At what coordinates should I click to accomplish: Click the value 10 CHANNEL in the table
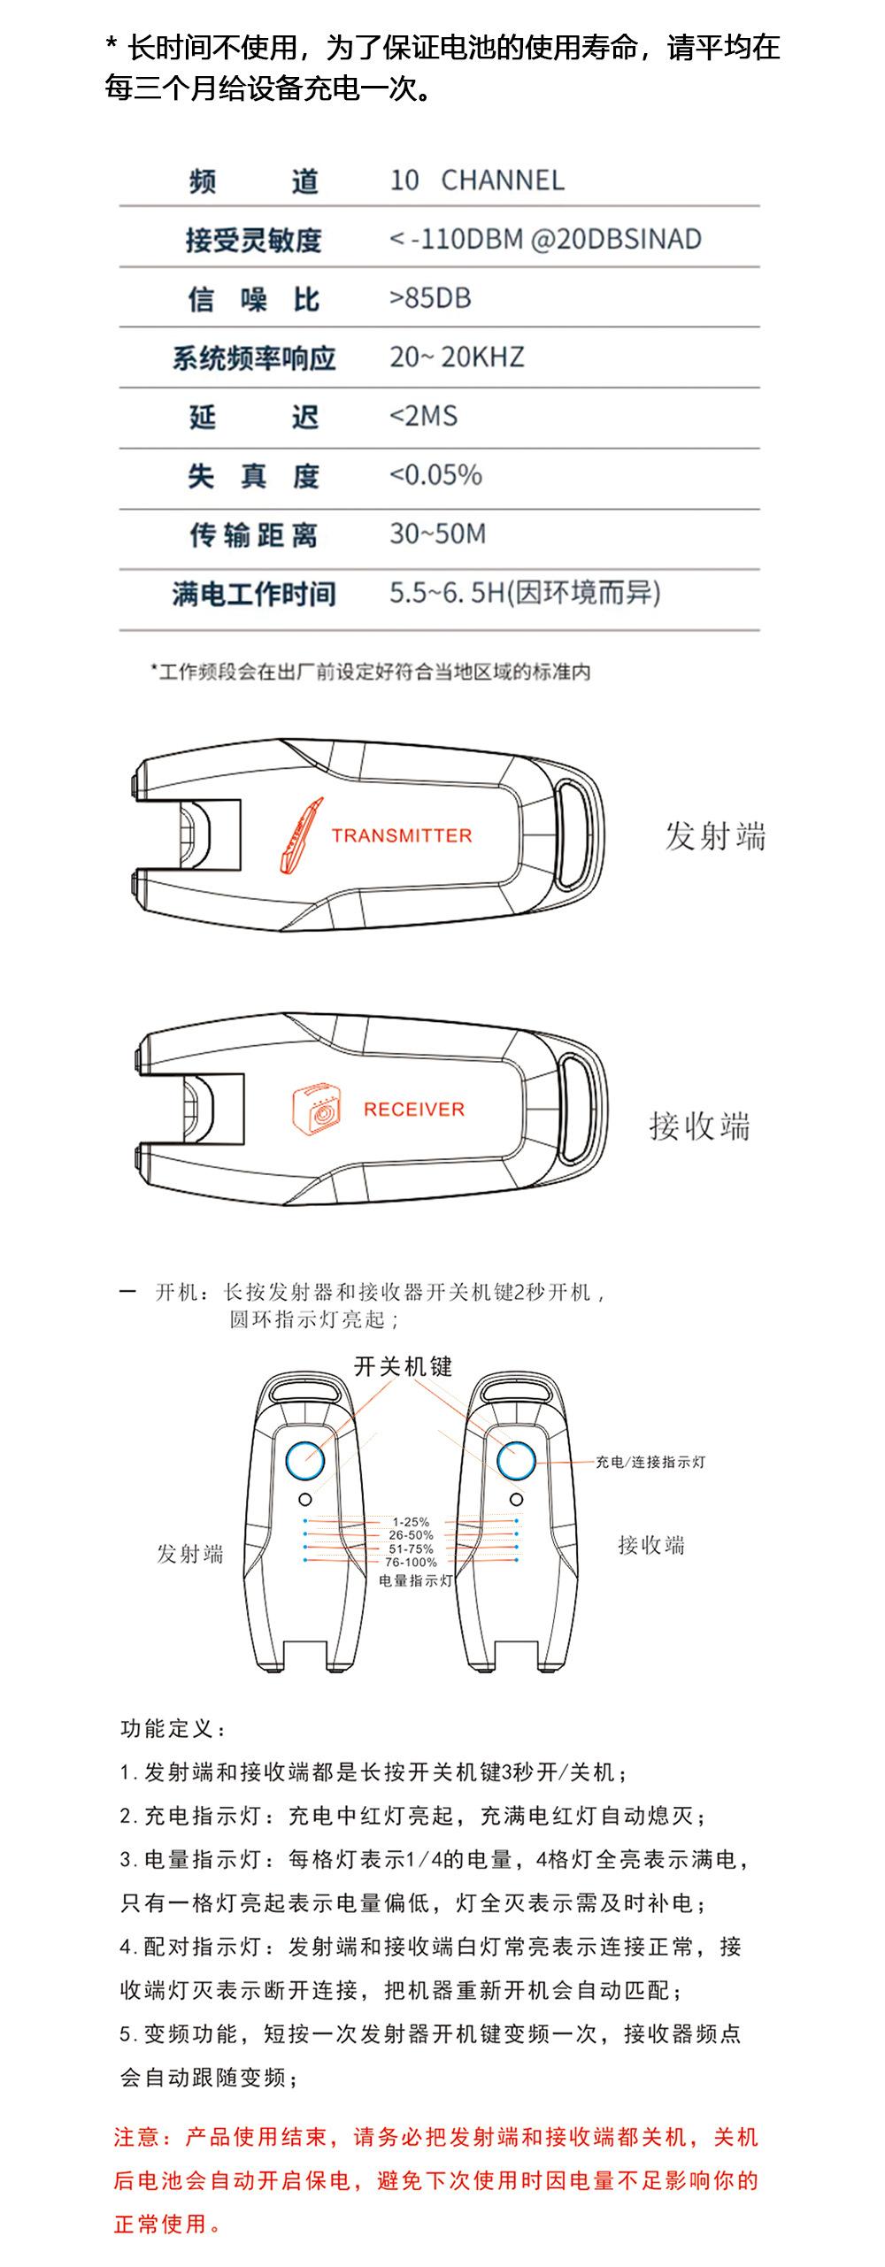click(x=477, y=181)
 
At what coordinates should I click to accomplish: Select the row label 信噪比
click(x=253, y=300)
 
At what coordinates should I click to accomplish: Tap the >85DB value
click(x=430, y=298)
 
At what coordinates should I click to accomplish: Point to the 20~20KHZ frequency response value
click(x=457, y=357)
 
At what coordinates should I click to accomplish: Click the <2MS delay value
click(x=424, y=416)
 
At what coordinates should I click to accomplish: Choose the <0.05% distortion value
click(x=435, y=475)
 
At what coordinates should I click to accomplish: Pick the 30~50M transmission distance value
click(x=437, y=534)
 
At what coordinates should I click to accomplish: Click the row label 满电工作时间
click(x=254, y=594)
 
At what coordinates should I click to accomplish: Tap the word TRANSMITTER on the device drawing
click(x=402, y=835)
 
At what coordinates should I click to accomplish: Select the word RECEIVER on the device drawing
click(x=413, y=1110)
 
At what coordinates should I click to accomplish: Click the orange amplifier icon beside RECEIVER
click(x=317, y=1110)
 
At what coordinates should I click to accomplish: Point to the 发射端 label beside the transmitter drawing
click(x=715, y=836)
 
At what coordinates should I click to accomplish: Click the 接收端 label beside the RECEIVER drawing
click(x=699, y=1126)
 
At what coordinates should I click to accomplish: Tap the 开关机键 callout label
click(x=403, y=1366)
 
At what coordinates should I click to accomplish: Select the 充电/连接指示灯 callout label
click(x=650, y=1463)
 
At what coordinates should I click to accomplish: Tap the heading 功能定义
click(x=173, y=1728)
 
